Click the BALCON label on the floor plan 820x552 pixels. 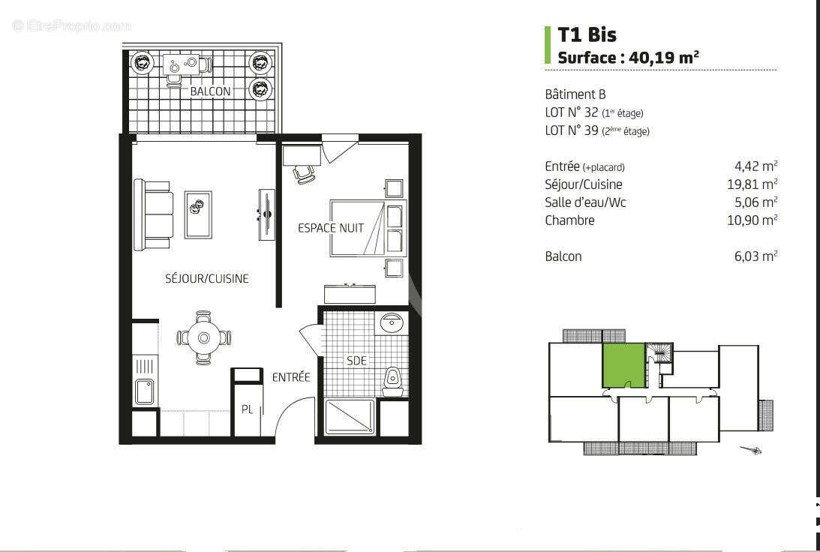coord(209,91)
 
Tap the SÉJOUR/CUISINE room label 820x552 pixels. coord(206,278)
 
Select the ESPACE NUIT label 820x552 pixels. coord(330,227)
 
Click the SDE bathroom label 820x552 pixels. coord(356,361)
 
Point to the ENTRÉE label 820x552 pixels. coord(290,377)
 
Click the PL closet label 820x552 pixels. coord(247,409)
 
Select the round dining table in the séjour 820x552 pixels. coord(203,337)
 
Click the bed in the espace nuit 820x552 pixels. coord(358,228)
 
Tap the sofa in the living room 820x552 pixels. coord(152,214)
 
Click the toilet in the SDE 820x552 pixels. coord(392,380)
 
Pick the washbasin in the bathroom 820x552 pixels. coord(391,323)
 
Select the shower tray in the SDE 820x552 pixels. coord(349,416)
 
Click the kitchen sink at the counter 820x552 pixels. coord(145,391)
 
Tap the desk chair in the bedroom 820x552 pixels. coord(304,173)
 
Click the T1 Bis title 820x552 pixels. coord(587,34)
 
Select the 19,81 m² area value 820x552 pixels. coord(755,184)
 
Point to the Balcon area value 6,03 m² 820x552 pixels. coord(755,256)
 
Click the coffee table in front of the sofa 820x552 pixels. coord(198,214)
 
